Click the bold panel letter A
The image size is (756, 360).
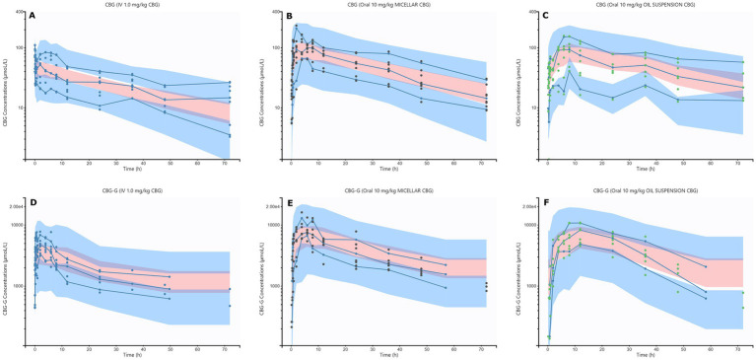click(32, 17)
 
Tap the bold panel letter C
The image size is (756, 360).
click(544, 17)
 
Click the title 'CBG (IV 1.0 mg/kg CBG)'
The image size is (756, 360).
click(130, 5)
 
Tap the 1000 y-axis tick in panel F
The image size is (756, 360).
click(533, 286)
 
